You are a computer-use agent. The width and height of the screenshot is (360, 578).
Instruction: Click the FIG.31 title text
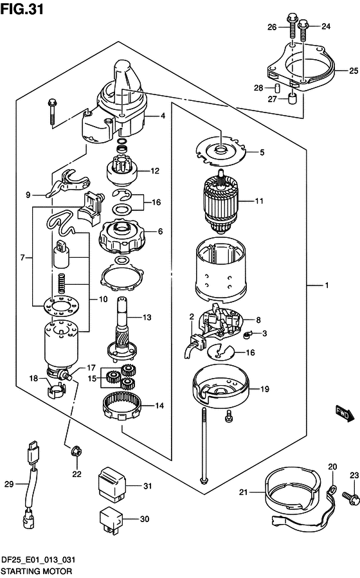(22, 8)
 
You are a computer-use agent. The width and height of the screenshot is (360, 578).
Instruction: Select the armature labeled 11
(221, 201)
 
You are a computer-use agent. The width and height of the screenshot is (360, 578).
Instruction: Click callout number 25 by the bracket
(353, 70)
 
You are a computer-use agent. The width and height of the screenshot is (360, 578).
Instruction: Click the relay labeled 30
(111, 519)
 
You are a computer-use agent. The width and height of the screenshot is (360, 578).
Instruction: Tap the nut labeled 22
(76, 451)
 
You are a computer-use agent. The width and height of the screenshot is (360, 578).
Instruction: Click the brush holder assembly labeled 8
(221, 321)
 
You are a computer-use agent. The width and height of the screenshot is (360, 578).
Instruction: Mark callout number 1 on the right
(327, 285)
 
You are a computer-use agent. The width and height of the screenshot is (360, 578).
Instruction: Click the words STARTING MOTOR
(36, 572)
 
